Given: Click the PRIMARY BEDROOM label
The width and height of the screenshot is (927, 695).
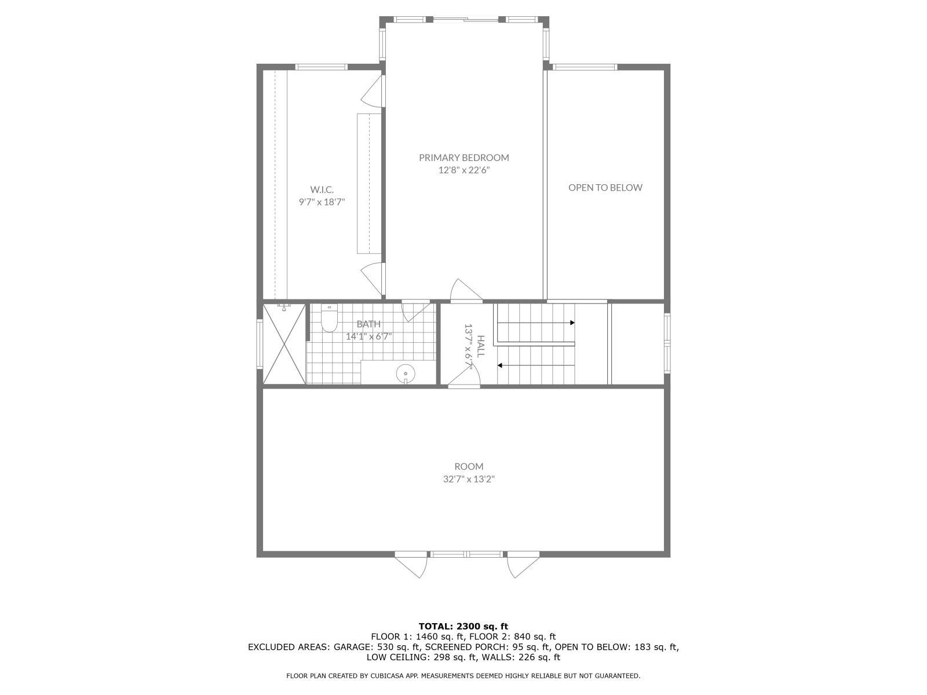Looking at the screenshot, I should (x=464, y=158).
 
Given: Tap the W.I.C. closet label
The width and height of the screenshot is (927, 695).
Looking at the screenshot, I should (x=322, y=189).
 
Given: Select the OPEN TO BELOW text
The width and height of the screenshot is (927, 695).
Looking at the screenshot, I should (x=605, y=188).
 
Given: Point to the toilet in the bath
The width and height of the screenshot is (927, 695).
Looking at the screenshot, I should (x=329, y=320).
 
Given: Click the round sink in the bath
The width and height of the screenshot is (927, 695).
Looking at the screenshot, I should (x=406, y=374).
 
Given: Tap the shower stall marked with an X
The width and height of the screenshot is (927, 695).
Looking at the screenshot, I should (x=284, y=343).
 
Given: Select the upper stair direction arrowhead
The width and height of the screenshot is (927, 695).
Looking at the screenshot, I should (x=572, y=323).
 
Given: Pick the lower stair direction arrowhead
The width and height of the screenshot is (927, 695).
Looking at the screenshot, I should (x=500, y=365).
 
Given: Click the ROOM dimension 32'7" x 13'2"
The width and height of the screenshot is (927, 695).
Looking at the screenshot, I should (x=469, y=480).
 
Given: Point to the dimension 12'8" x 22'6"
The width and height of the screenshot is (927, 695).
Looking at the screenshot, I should (x=464, y=170).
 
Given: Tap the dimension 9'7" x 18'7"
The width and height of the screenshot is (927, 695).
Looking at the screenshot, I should (x=322, y=202).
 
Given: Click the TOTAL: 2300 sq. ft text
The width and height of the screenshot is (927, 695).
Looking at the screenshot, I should (x=463, y=626).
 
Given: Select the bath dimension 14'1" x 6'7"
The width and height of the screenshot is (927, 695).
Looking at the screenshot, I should (x=369, y=336).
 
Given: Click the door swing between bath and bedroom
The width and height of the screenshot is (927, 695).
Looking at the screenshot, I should (x=415, y=310).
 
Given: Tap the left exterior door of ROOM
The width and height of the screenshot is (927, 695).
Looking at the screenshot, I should (x=412, y=565).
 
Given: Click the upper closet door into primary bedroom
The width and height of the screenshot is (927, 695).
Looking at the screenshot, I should (x=374, y=93).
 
